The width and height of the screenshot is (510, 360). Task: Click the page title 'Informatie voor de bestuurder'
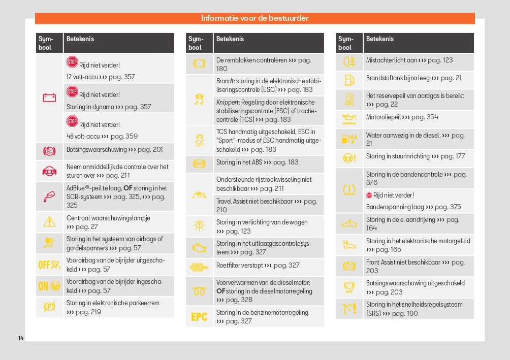pyautogui.click(x=254, y=18)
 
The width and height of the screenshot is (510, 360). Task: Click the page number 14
pyautogui.click(x=21, y=338)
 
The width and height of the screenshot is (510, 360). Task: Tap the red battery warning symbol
pyautogui.click(x=49, y=97)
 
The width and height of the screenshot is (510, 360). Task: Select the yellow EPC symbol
pyautogui.click(x=199, y=317)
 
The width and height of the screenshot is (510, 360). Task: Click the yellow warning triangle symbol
pyautogui.click(x=49, y=221)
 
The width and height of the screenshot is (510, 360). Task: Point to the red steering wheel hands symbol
pyautogui.click(x=49, y=171)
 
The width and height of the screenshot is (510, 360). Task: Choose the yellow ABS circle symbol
pyautogui.click(x=199, y=163)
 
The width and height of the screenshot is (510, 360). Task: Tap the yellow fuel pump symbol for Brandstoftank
pyautogui.click(x=349, y=79)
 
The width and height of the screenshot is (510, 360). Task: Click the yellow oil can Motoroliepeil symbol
pyautogui.click(x=349, y=119)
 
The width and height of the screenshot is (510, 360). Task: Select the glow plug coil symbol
pyautogui.click(x=199, y=291)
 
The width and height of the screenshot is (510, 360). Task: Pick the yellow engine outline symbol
pyautogui.click(x=199, y=248)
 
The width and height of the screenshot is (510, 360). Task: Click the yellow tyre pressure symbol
pyautogui.click(x=349, y=190)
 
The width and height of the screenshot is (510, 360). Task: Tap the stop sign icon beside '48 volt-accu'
pyautogui.click(x=72, y=121)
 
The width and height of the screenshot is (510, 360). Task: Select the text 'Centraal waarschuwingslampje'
pyautogui.click(x=108, y=218)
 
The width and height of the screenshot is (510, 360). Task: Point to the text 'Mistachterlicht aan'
pyautogui.click(x=391, y=60)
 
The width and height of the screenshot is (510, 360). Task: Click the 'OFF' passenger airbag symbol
pyautogui.click(x=49, y=265)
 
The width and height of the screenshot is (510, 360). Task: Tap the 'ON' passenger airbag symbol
pyautogui.click(x=49, y=286)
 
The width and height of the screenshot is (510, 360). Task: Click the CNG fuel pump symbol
pyautogui.click(x=349, y=99)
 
